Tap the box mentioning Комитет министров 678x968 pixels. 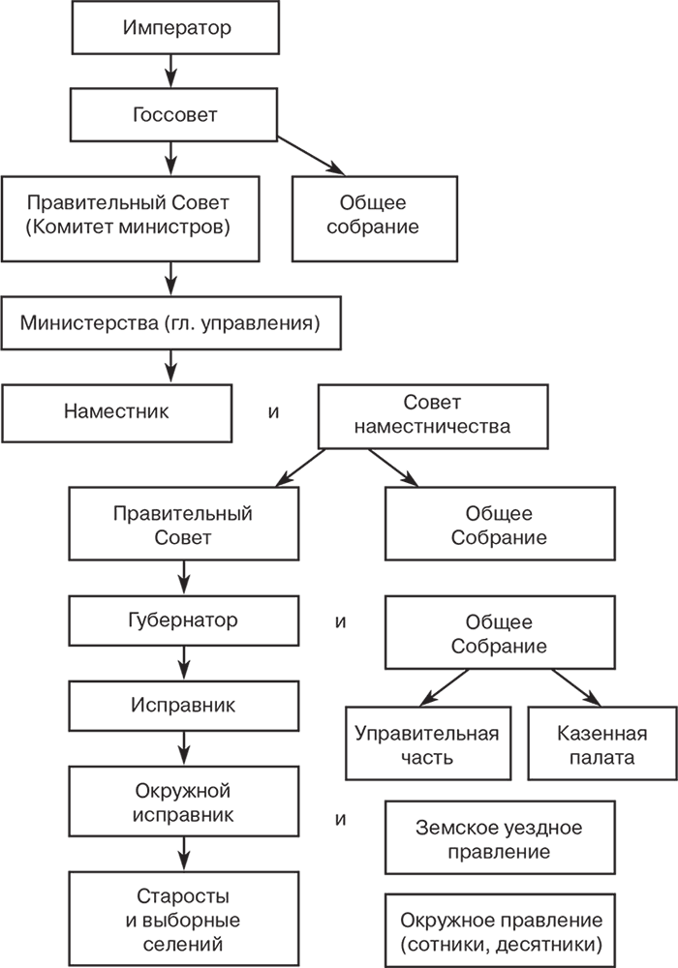(132, 217)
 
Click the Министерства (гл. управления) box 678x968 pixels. (170, 323)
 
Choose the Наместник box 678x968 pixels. (116, 410)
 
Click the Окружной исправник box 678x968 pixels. (181, 802)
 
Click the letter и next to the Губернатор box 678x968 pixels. (341, 620)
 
